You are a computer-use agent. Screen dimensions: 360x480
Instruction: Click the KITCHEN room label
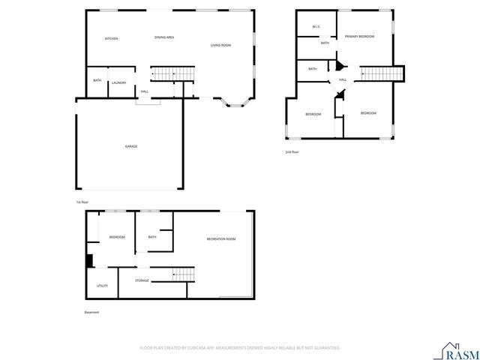[111, 38]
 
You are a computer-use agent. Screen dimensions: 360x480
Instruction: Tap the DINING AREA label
[164, 37]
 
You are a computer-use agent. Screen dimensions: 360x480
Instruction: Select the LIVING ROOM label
[220, 46]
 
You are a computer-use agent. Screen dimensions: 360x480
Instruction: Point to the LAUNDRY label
[118, 82]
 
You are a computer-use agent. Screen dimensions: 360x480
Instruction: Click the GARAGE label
[131, 146]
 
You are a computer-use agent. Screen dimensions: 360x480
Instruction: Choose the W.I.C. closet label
[316, 27]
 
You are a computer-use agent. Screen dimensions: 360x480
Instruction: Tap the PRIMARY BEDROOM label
[360, 36]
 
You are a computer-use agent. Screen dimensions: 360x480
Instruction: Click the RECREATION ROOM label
[221, 238]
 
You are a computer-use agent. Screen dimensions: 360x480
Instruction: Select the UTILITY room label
[102, 285]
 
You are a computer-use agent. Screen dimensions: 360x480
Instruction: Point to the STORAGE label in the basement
[142, 280]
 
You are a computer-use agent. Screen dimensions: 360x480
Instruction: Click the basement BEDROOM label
[117, 237]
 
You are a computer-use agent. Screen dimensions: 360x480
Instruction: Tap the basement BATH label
[152, 237]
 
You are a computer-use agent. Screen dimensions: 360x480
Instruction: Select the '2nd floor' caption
[292, 152]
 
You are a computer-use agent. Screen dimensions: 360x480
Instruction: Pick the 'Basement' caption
[91, 312]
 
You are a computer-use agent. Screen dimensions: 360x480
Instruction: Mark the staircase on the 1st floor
[172, 73]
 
